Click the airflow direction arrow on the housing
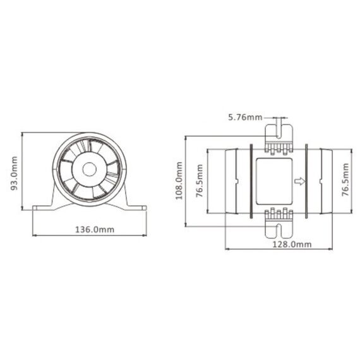point(300,181)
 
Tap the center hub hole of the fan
point(89,170)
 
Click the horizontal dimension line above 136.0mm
point(89,236)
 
